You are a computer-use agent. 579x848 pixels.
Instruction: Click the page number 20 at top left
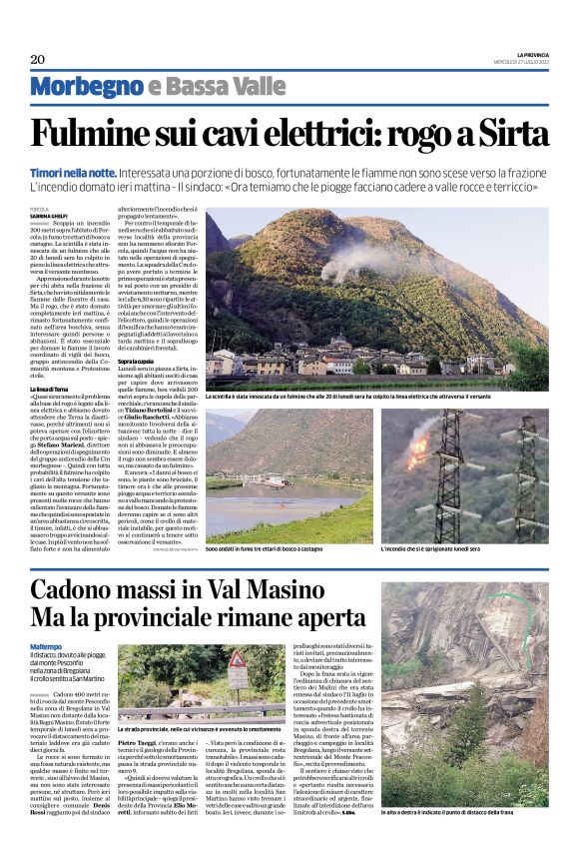tap(38, 58)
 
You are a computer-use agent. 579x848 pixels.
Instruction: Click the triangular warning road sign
tap(239, 662)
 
